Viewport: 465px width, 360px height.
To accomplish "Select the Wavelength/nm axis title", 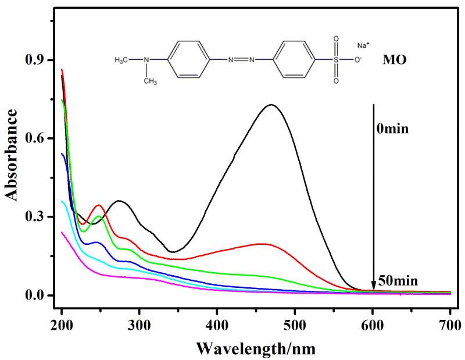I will pyautogui.click(x=256, y=348).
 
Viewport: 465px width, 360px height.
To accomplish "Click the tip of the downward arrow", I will pyautogui.click(x=373, y=290).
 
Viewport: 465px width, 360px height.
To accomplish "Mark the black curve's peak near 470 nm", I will pyautogui.click(x=271, y=105).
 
